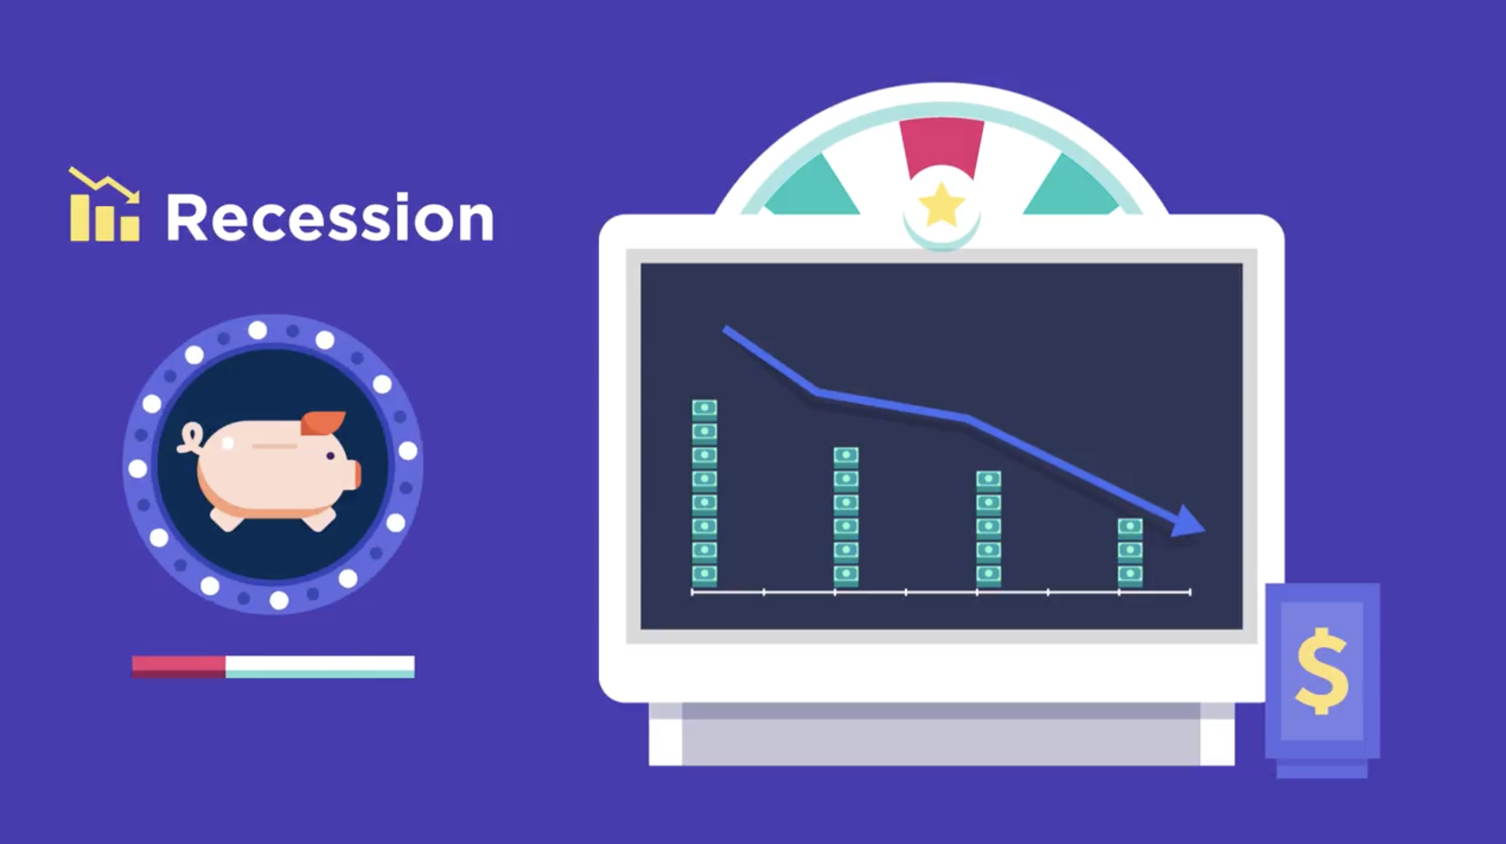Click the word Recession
pos(330,217)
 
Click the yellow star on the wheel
pos(941,205)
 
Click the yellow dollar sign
pos(1322,671)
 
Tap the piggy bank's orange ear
pos(322,423)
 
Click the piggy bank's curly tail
pos(191,438)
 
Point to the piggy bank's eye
pos(330,456)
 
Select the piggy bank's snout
pos(355,474)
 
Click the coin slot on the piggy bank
pos(274,446)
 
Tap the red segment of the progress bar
pos(178,667)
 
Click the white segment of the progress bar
pos(319,667)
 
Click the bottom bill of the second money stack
pos(845,575)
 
